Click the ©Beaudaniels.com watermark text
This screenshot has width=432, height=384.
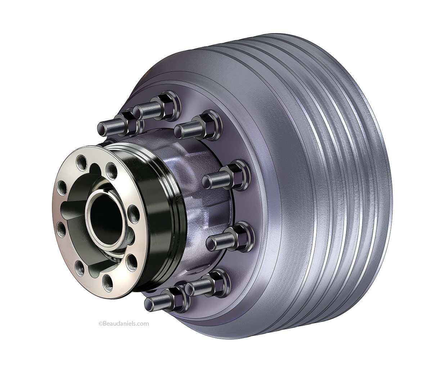(123, 324)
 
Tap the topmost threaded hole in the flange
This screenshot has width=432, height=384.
(82, 160)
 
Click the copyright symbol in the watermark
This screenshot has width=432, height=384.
(100, 324)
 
